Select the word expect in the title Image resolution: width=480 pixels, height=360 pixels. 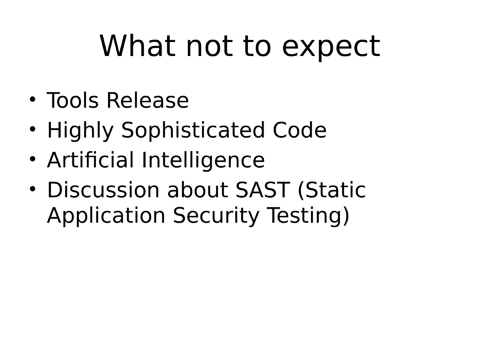331,47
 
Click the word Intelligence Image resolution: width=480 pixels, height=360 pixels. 203,161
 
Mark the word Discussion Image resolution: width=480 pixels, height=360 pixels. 103,190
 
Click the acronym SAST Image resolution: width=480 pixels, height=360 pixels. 262,190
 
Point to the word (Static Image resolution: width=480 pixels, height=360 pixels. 332,190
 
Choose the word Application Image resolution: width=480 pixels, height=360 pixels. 106,216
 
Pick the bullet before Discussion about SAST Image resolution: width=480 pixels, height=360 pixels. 33,188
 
